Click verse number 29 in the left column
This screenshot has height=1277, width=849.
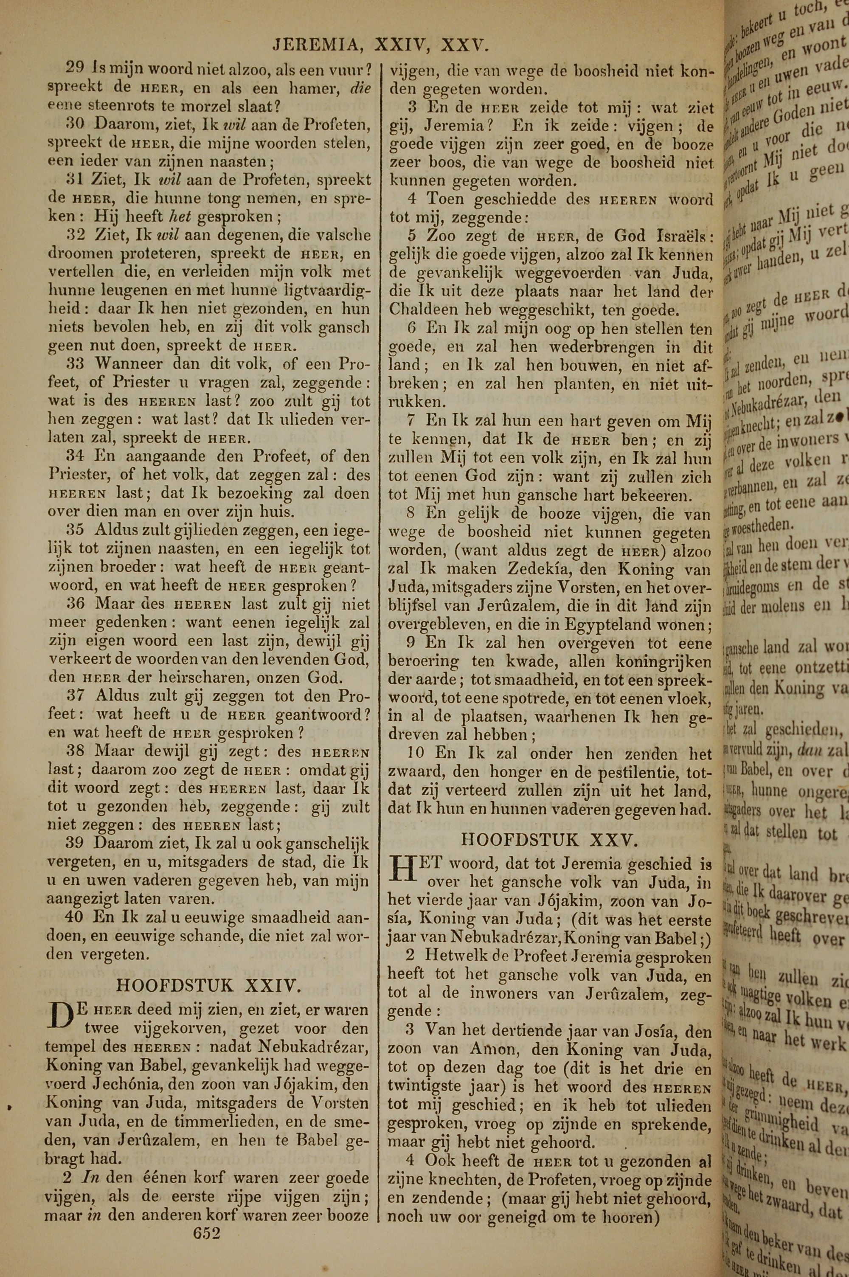coord(75,68)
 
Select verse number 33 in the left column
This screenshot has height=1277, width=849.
coord(76,364)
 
